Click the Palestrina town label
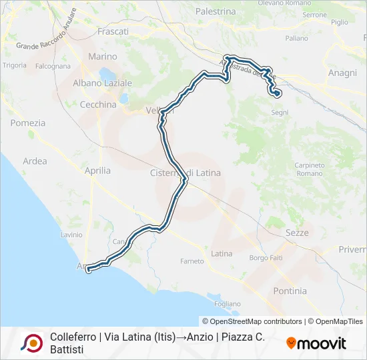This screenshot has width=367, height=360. click(216, 11)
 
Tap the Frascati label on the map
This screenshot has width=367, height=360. click(113, 31)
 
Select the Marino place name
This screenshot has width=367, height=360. click(102, 57)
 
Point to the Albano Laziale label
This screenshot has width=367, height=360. click(102, 83)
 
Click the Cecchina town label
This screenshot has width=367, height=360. click(98, 105)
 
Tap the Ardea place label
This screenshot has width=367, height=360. click(35, 161)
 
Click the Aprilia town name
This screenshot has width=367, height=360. click(98, 171)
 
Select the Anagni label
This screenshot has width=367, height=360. click(343, 73)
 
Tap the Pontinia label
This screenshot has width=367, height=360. click(290, 291)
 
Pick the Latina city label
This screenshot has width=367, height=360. click(222, 253)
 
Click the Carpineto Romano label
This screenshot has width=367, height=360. click(309, 169)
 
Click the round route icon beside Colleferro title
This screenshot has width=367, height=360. click(32, 343)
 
